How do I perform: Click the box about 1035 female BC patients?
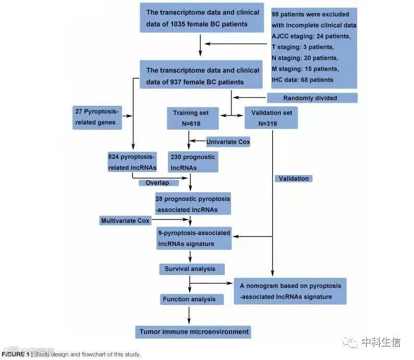[202, 18]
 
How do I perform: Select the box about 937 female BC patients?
[202, 76]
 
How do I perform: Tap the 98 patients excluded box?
[313, 48]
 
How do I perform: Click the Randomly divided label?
[312, 98]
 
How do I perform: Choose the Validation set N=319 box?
[271, 118]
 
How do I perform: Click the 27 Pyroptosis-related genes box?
[98, 118]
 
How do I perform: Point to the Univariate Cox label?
[228, 142]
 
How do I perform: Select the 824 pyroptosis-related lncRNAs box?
[132, 162]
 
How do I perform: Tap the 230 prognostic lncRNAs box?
[192, 162]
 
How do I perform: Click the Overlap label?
[158, 183]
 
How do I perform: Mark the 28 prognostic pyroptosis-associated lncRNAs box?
[192, 204]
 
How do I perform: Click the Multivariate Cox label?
[125, 221]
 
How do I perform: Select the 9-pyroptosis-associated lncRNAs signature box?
[194, 239]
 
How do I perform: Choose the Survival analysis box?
[191, 269]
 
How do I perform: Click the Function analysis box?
[192, 299]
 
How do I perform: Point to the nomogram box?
[290, 291]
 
